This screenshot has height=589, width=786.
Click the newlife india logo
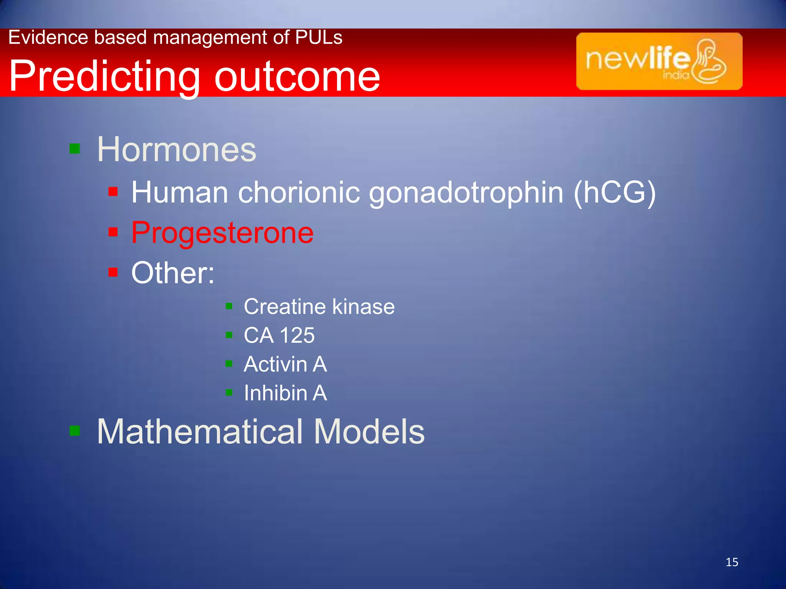point(659,61)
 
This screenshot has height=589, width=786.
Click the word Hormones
point(177,150)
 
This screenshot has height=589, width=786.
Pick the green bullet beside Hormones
point(74,148)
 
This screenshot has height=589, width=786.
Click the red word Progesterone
point(222,232)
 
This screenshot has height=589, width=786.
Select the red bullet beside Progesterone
point(113,232)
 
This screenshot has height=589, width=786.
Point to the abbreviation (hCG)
point(614,192)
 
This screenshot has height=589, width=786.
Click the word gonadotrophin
point(466,192)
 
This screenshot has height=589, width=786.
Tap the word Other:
point(173,273)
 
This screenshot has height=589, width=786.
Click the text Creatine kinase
point(319,307)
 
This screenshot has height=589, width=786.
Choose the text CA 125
point(279,335)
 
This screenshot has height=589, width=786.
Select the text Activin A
point(285,364)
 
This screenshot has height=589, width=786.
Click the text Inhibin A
point(285,393)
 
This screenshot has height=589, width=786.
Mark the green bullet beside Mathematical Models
point(74,431)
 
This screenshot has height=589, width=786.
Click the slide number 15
point(732,562)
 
